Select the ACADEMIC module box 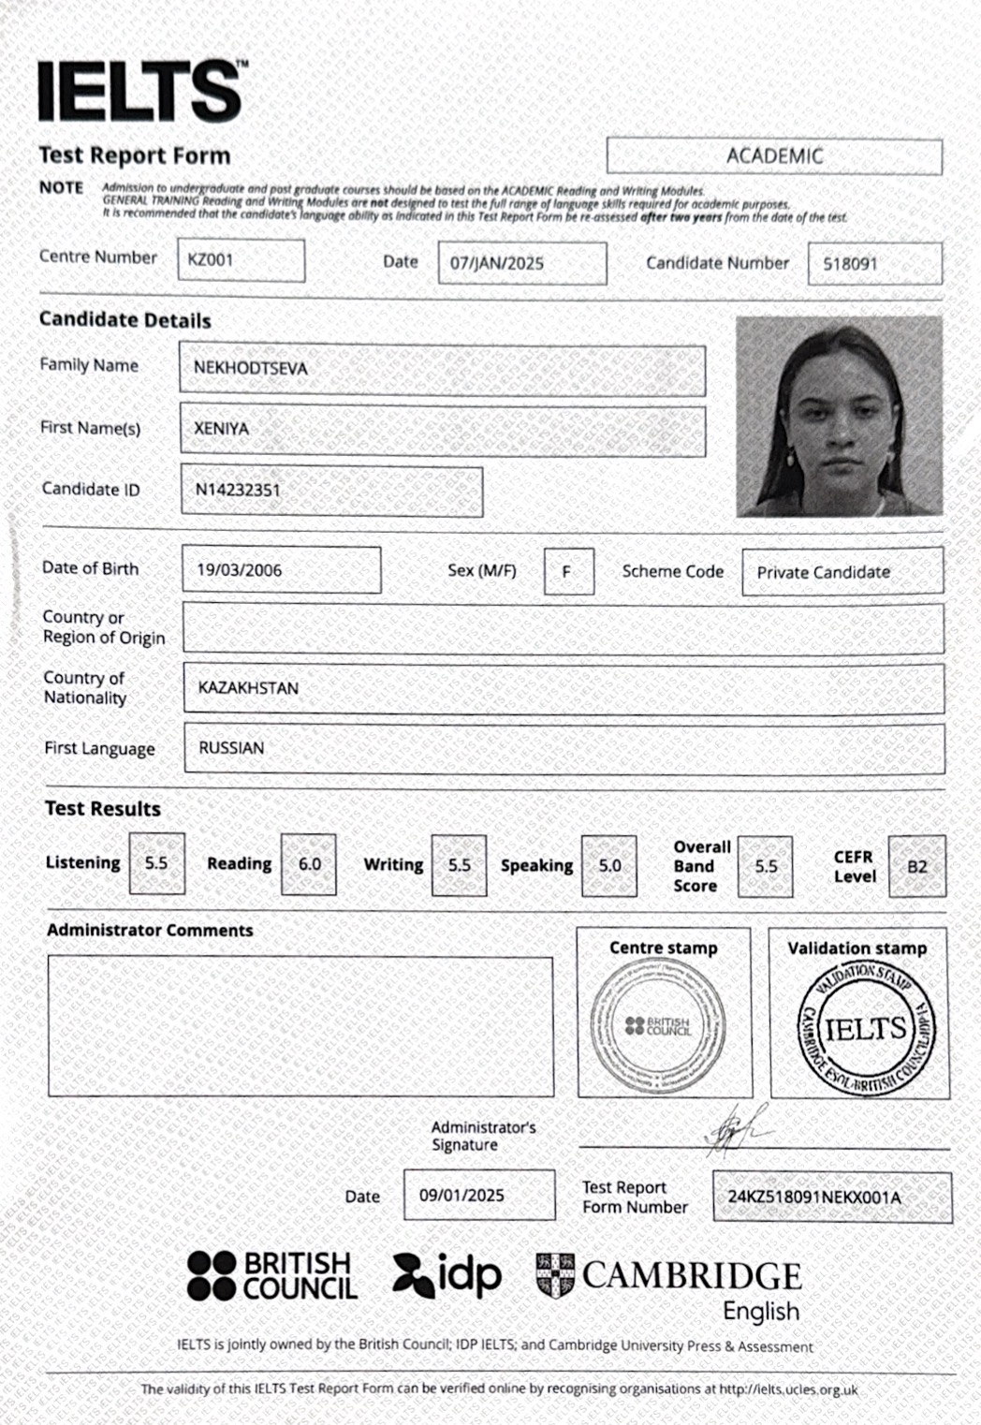tap(774, 155)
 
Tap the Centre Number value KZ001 tap(241, 260)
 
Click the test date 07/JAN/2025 tap(521, 263)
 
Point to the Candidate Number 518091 tap(874, 264)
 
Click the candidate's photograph tap(839, 417)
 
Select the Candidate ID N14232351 tap(331, 491)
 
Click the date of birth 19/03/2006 tap(281, 570)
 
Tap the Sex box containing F tap(568, 571)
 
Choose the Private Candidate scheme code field tap(842, 571)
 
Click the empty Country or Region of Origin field tap(563, 627)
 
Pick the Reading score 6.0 tap(309, 864)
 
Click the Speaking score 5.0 tap(609, 866)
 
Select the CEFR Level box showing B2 tap(916, 866)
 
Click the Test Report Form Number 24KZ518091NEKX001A tap(831, 1197)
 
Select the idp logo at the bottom tap(447, 1275)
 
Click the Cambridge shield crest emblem tap(555, 1275)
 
